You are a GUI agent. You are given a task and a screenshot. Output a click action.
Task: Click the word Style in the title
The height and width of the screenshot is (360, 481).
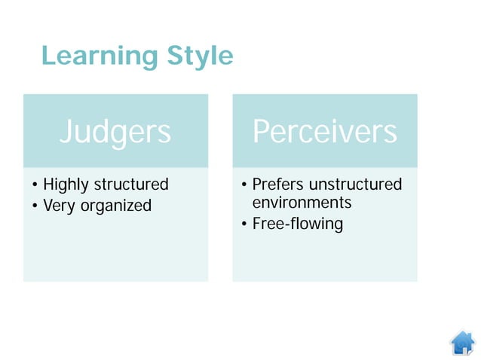(198, 56)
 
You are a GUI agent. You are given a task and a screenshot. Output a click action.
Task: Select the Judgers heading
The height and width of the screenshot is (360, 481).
(115, 131)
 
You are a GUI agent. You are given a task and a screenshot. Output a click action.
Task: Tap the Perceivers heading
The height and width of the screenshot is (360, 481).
(324, 131)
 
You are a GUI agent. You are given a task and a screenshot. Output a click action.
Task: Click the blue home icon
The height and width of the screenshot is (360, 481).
(462, 343)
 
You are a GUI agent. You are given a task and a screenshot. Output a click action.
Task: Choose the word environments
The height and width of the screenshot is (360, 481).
(302, 203)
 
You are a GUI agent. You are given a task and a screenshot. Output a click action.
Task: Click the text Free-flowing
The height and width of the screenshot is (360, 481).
(297, 224)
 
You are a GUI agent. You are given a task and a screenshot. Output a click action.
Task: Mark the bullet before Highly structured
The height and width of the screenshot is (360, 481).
(35, 185)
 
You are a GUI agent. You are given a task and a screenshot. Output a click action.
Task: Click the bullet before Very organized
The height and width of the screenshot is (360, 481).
(35, 206)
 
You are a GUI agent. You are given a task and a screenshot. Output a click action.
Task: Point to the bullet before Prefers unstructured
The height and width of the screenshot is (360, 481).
(244, 185)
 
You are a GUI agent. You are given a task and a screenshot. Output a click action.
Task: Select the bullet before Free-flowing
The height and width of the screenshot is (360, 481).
(244, 224)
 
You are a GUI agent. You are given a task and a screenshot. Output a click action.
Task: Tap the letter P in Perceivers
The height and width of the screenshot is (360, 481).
(261, 131)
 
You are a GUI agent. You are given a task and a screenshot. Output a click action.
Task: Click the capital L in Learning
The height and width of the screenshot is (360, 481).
(48, 56)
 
